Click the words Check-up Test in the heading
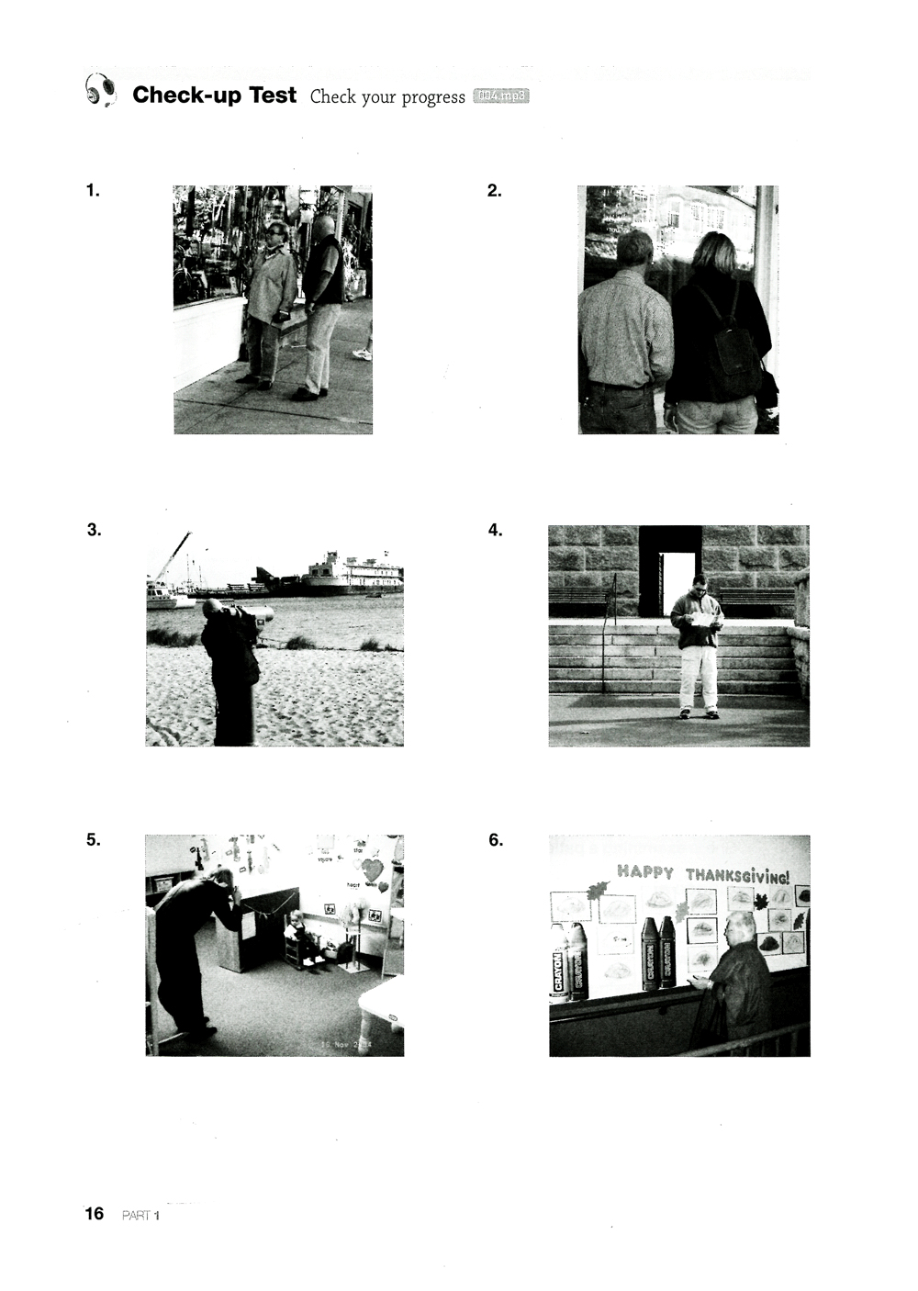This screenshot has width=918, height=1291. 214,95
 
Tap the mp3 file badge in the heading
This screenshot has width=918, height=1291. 501,97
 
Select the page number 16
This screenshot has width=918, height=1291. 95,1213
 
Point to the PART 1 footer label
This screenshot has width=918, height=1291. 140,1215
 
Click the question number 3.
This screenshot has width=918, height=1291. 94,530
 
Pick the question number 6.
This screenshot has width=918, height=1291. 496,839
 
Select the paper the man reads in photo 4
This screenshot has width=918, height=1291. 701,619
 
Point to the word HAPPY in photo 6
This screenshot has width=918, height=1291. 644,871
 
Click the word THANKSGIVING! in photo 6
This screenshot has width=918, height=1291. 736,874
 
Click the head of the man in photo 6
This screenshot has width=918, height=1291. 739,929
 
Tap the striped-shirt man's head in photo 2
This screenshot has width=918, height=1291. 634,248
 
